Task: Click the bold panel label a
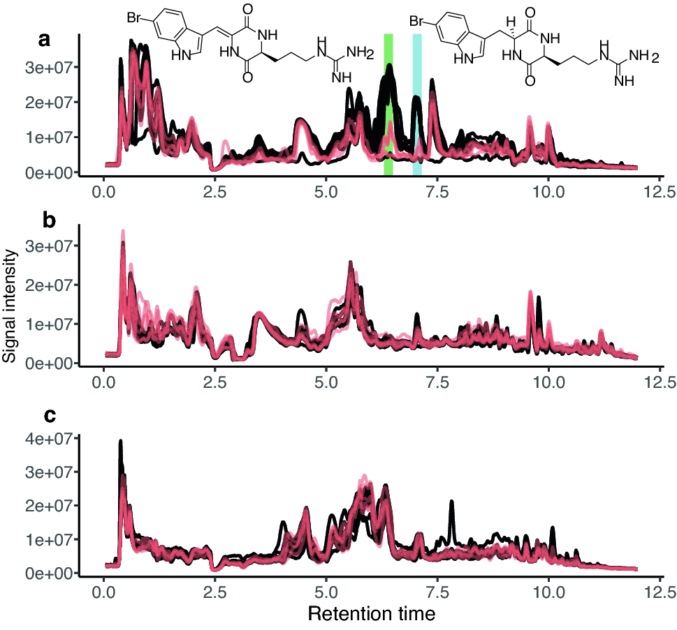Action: point(44,40)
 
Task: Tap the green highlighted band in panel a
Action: point(388,105)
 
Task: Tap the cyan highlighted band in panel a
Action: point(417,105)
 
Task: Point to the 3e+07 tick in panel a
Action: point(52,67)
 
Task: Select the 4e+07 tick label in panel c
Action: point(52,439)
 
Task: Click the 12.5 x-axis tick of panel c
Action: point(658,592)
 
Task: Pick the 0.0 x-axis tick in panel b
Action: point(104,382)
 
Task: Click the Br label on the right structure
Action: point(417,22)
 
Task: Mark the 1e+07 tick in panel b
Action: point(52,324)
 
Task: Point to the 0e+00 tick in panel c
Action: point(52,573)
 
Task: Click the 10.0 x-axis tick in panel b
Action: point(548,382)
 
